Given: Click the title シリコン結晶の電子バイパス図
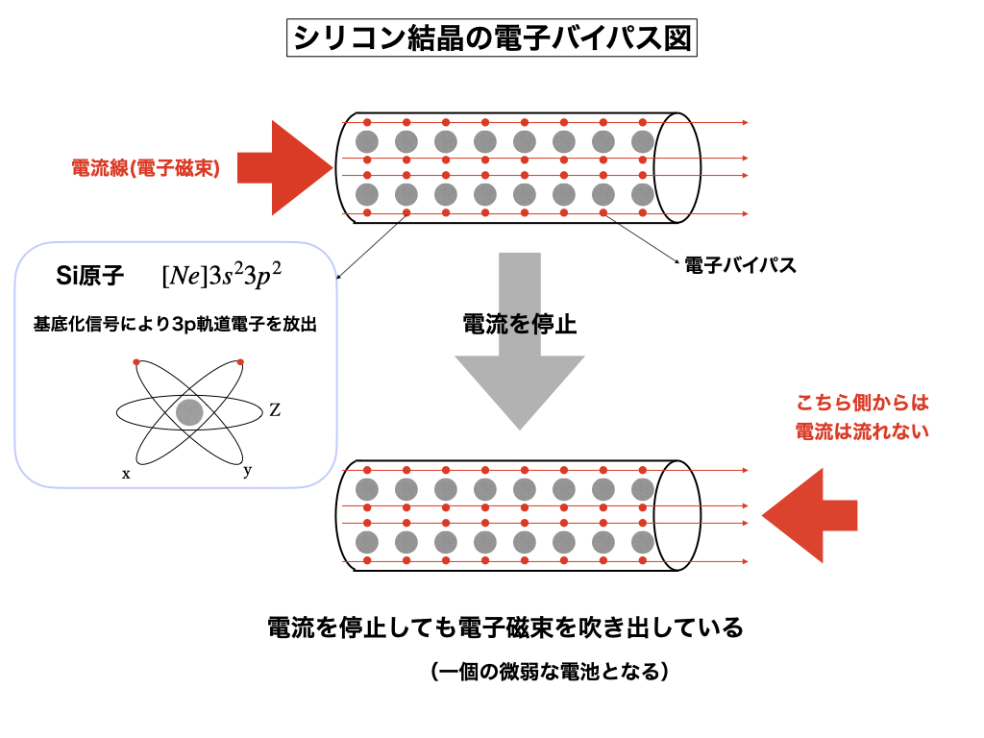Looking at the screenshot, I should [490, 38].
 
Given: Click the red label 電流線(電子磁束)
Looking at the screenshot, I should [146, 168].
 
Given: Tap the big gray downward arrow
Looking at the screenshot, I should [519, 365].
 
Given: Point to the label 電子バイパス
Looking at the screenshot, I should [740, 265].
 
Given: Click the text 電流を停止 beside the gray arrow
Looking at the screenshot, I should [519, 324].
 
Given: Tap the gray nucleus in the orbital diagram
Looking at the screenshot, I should [189, 412].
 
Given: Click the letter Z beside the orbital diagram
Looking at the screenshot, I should [275, 410].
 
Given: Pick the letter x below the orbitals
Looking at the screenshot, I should [126, 474].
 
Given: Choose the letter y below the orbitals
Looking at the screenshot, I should [248, 470].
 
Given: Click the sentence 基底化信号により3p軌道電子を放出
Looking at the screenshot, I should [176, 325].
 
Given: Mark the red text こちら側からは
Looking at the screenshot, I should [863, 404].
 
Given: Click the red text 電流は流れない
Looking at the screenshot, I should [863, 432].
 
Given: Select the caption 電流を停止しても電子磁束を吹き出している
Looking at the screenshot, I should [505, 628].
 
